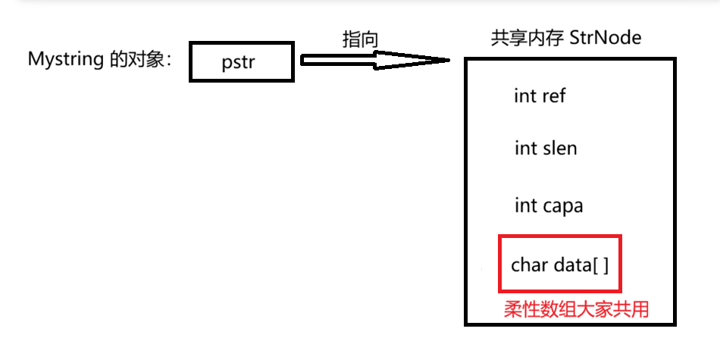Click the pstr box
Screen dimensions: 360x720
tap(240, 61)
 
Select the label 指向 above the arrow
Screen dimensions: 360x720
tap(360, 39)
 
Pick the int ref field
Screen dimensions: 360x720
tap(540, 96)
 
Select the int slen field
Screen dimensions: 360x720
tap(545, 149)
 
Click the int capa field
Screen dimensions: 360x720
tap(549, 205)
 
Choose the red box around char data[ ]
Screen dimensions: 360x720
tap(559, 264)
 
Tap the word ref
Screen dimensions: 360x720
tap(553, 96)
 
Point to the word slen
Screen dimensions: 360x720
tap(559, 149)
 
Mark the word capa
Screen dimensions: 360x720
tap(562, 205)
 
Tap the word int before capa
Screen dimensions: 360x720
tap(525, 205)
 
